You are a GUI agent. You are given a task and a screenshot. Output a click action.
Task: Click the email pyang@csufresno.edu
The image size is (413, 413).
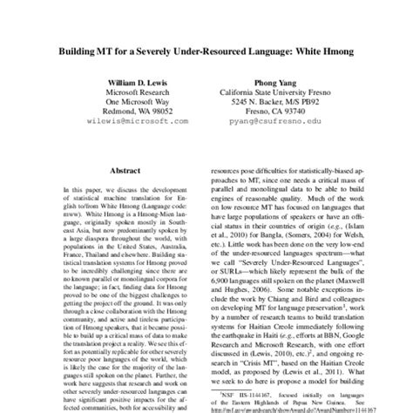tap(270, 125)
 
